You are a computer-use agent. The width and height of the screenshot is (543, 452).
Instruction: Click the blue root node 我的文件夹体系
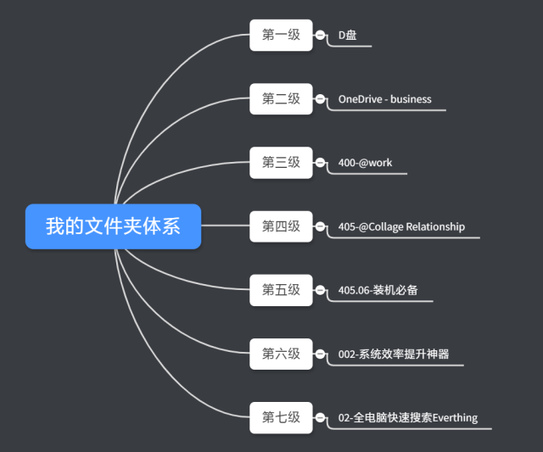113,226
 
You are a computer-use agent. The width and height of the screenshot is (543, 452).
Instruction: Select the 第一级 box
281,35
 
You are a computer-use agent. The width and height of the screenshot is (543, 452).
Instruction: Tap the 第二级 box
281,99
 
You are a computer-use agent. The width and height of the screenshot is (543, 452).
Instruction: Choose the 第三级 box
281,163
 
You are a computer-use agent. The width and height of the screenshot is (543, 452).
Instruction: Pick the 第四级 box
281,226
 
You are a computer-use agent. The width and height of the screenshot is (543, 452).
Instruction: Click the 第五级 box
281,290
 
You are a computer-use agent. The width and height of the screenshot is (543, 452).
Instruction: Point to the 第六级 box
281,354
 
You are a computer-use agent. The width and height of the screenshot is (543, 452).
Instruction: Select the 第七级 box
281,417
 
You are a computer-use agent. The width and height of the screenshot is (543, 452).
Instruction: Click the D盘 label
348,36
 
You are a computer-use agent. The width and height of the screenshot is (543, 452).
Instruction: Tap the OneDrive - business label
384,99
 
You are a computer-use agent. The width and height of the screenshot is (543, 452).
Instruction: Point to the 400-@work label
365,163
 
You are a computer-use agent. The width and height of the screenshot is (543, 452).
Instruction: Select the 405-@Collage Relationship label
401,226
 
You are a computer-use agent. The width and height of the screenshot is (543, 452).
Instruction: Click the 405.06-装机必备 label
378,290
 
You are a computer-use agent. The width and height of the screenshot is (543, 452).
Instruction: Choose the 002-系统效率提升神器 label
394,354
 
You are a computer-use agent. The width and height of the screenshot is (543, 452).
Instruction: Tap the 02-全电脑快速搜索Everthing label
407,417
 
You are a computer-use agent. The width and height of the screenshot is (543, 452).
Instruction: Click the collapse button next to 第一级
320,36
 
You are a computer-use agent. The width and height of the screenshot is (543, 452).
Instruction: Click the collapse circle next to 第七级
320,417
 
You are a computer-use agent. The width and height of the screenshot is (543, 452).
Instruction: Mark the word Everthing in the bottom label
455,417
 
